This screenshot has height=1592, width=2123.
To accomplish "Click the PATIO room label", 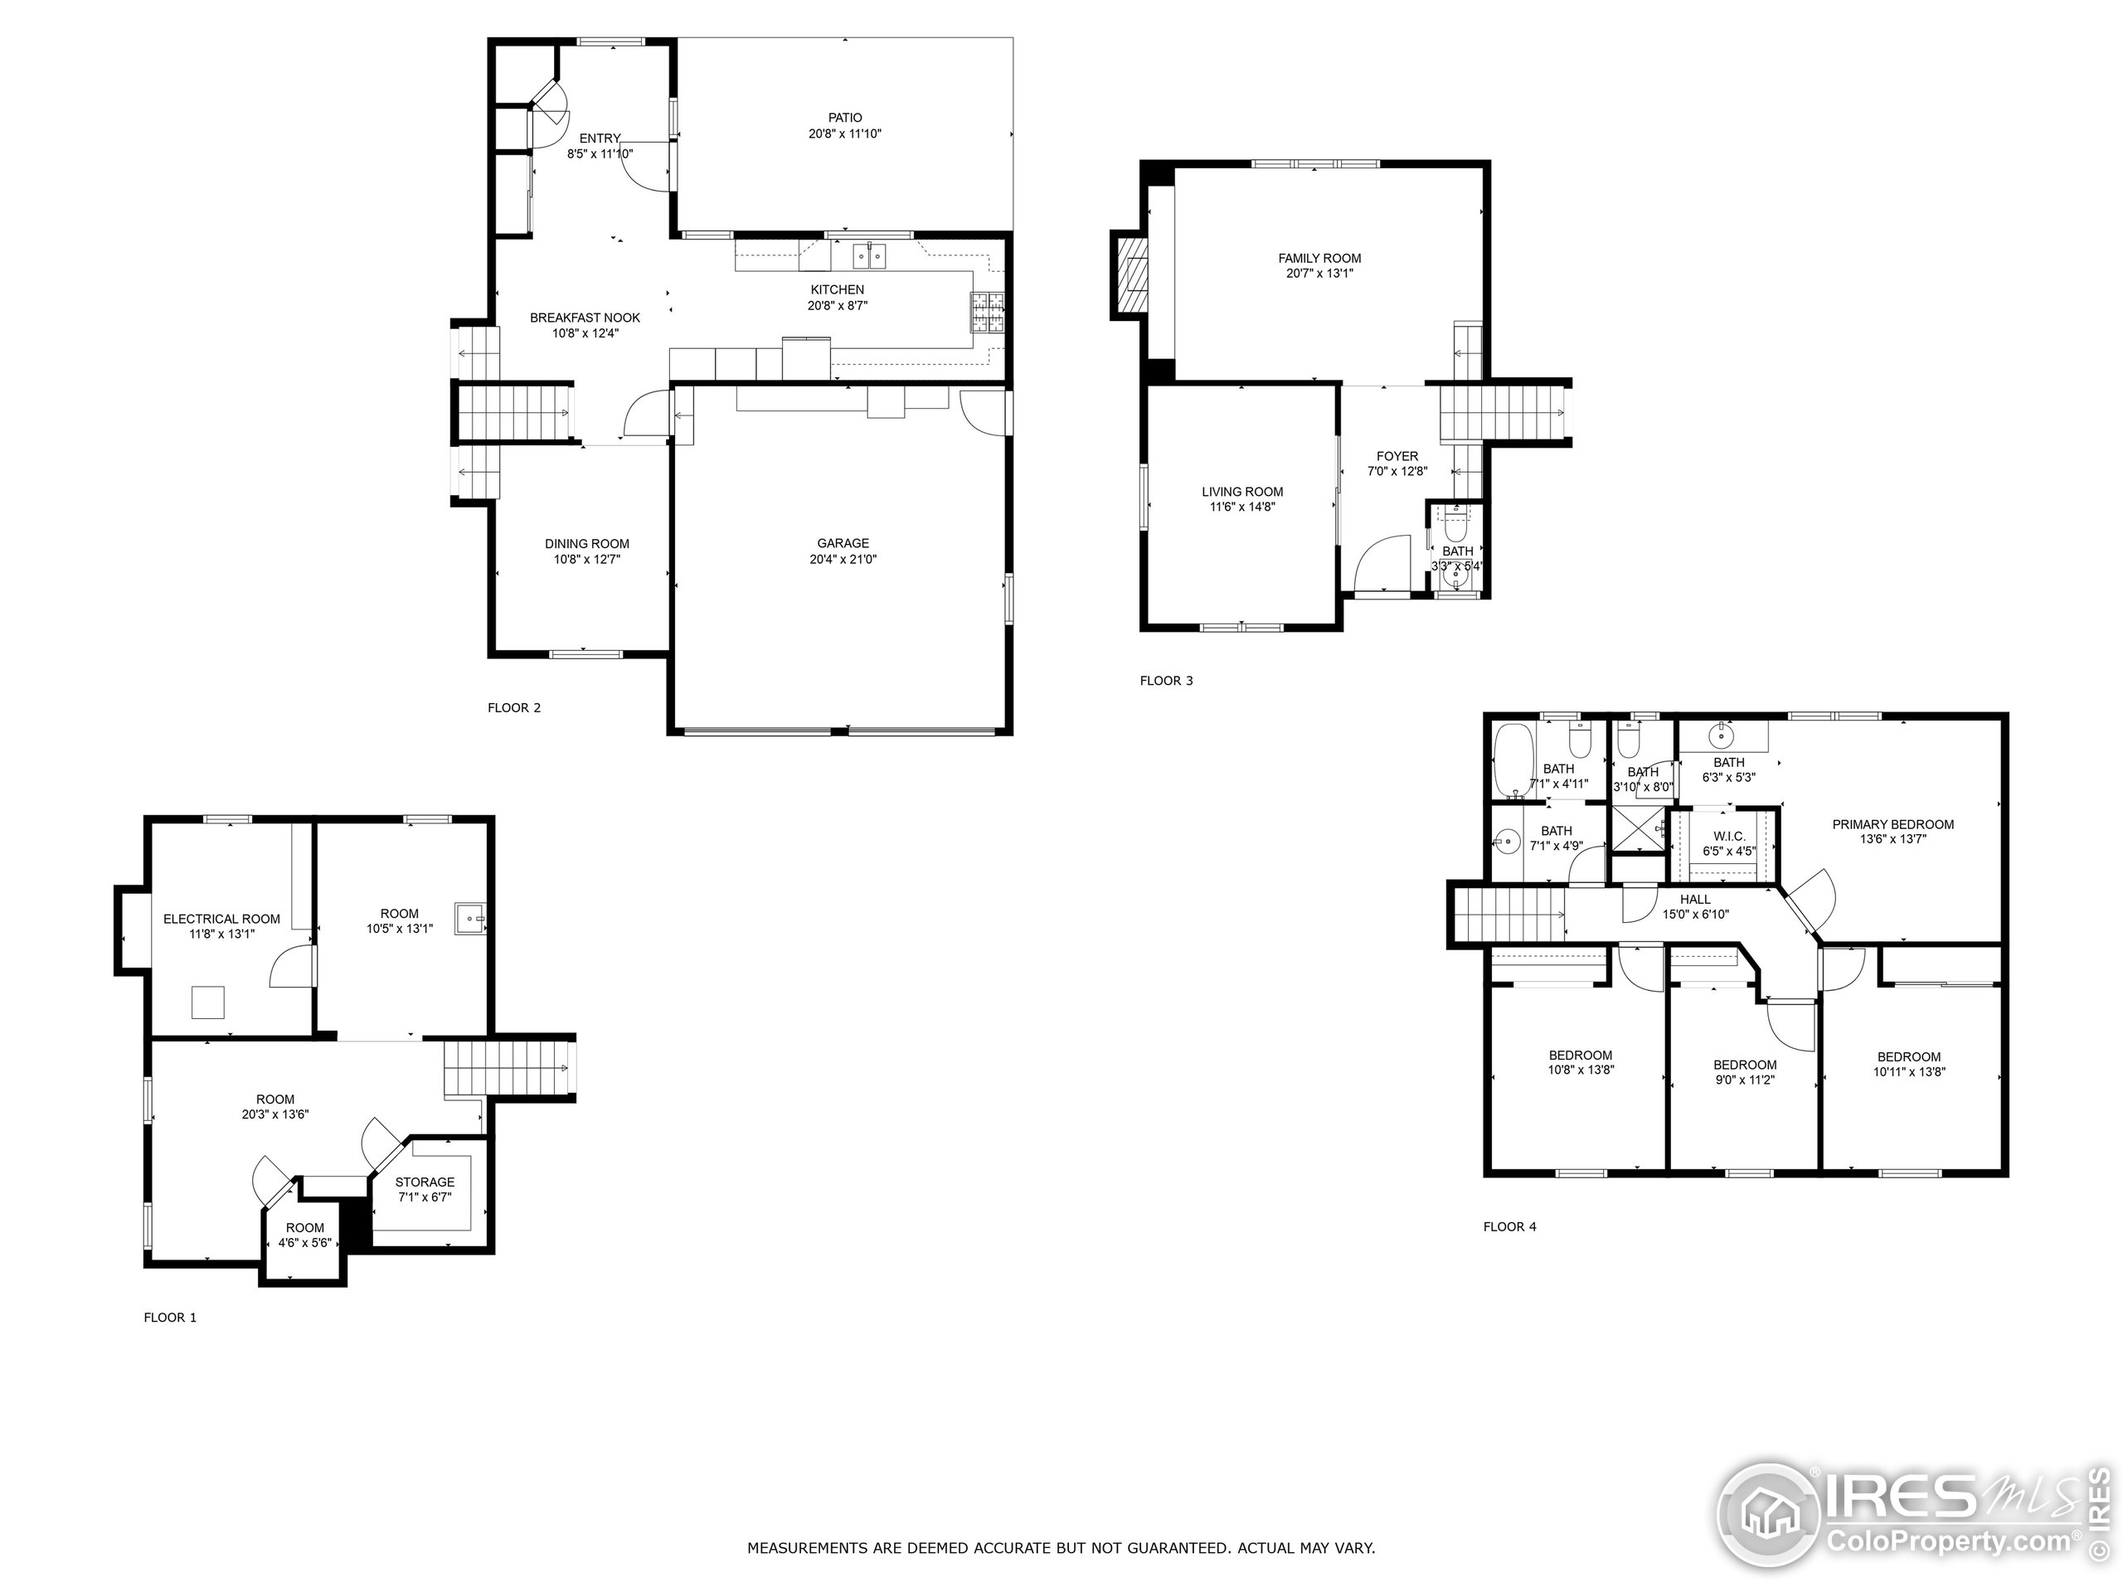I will [x=844, y=118].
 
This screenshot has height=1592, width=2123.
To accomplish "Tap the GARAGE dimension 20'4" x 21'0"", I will [x=843, y=560].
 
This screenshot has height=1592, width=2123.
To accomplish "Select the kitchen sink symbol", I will [x=871, y=256].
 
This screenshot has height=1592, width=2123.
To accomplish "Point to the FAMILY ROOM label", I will [x=1319, y=258].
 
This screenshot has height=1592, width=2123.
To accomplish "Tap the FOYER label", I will [x=1397, y=457].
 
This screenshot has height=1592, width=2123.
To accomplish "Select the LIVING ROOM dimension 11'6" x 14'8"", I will [x=1242, y=507].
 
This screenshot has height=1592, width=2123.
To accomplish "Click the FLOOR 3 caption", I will [x=1166, y=682].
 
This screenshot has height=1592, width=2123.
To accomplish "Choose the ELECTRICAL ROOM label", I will [x=221, y=920].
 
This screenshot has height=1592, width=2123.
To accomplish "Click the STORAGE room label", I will [x=425, y=1182].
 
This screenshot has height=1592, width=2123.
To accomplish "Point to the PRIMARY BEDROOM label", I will [x=1892, y=824].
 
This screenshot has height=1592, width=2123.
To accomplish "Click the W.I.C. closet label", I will [x=1728, y=837].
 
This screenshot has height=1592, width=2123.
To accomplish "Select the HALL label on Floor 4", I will [x=1695, y=899].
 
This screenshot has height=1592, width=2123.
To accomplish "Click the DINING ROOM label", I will [x=586, y=544].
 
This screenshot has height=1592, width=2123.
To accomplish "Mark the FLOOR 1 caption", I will [x=170, y=1318].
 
